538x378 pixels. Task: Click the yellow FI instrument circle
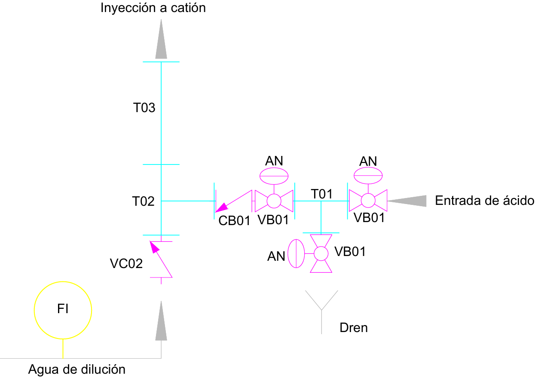point(63,310)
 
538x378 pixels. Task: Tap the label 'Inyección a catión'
point(153,8)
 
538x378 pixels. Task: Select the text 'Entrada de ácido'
point(484,201)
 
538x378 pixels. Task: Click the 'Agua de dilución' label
point(77,369)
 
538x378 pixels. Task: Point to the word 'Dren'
point(354,328)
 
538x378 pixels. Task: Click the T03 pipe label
point(144,107)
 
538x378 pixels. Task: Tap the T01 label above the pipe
point(322,194)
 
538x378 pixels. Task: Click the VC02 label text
point(126,263)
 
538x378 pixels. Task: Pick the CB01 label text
point(234,221)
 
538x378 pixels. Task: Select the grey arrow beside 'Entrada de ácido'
point(407,201)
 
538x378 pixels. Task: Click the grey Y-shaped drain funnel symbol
point(321,305)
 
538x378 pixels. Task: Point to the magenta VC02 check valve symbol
point(161,259)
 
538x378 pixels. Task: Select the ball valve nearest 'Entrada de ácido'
point(367,201)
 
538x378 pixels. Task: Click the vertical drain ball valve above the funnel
point(321,253)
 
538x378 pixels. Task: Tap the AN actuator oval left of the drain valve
point(296,253)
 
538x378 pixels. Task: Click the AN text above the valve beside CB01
point(274,161)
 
